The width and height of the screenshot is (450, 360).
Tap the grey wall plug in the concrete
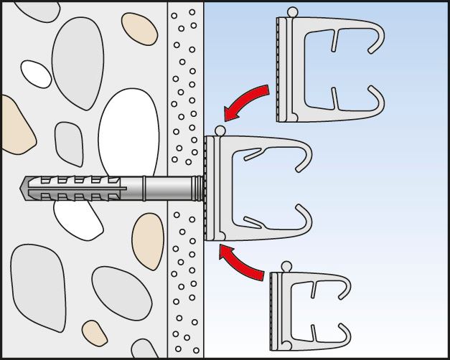coord(86,189)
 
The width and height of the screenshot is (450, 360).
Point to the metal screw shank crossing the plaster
coord(172,190)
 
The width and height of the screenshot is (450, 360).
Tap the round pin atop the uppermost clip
coord(291,12)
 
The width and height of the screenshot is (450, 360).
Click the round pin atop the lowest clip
coord(286,267)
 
